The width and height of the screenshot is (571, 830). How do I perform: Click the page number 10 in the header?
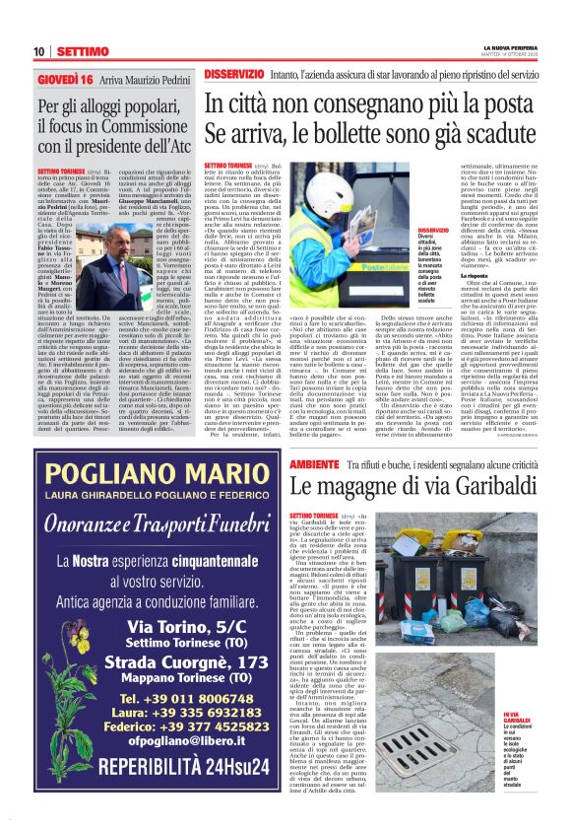(x=39, y=50)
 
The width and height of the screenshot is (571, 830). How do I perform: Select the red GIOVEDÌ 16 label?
(x=65, y=78)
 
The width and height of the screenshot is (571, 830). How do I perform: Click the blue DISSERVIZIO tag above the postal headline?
(x=234, y=75)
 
